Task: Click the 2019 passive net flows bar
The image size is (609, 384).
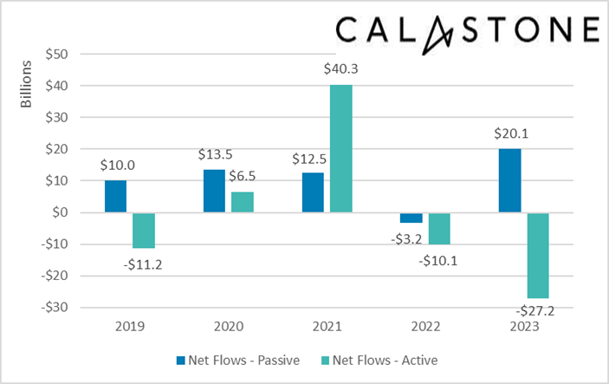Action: coord(115,197)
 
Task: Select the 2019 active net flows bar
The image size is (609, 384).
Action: coord(143,231)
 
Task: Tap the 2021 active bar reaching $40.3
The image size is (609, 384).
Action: coord(340,148)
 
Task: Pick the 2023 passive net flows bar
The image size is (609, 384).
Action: coord(509,180)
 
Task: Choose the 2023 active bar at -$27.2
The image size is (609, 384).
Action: coord(537,256)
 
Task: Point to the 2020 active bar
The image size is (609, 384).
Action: coord(242,202)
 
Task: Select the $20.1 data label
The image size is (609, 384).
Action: coord(509,134)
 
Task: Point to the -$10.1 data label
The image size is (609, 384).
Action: coord(440,258)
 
